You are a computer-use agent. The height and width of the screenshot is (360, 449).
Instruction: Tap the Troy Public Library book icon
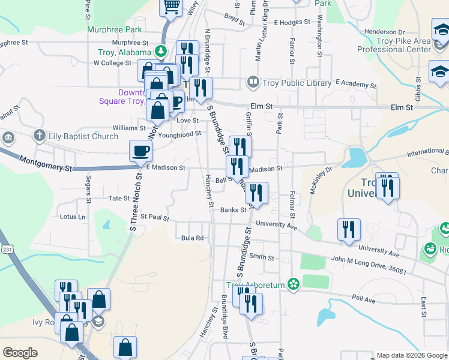click(253, 82)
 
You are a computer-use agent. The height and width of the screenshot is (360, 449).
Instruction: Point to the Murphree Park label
click(114, 29)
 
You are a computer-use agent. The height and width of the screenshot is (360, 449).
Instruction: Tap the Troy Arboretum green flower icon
click(294, 284)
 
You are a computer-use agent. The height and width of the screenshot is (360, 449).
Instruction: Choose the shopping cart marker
click(171, 7)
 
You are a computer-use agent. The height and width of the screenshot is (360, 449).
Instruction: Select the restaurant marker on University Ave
click(348, 229)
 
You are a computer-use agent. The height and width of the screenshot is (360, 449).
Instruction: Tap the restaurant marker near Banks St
click(256, 193)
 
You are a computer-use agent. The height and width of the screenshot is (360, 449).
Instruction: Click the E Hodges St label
click(292, 22)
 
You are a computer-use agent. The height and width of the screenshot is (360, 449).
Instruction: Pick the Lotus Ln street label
click(73, 217)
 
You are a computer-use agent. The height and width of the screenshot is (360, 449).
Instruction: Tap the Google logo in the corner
click(20, 352)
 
